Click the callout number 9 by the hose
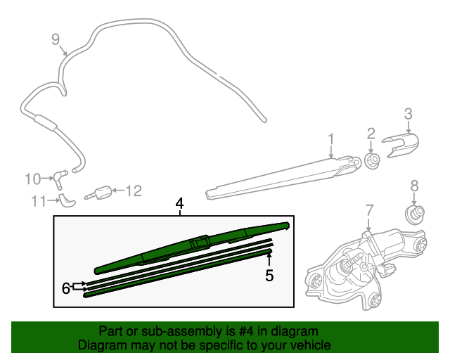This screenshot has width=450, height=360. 56,39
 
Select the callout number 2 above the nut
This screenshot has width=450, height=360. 371,134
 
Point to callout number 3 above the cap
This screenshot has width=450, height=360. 407,113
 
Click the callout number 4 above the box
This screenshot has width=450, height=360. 180,203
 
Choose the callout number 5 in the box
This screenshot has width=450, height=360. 269,276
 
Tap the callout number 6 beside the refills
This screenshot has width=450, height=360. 66,287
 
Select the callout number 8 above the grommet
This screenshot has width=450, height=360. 414,186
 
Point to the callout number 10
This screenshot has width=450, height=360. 33,179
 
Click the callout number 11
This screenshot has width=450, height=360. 38,201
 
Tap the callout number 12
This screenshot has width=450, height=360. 133,190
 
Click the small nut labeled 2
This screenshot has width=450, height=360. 373,162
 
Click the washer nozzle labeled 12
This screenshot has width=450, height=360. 103,191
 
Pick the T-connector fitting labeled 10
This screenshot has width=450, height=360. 62,175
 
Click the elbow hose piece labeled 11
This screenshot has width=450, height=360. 67,201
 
